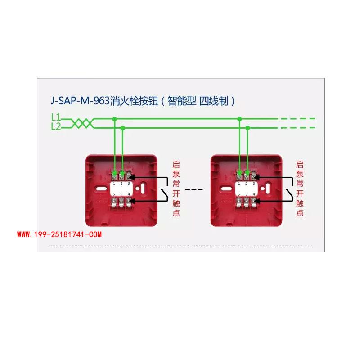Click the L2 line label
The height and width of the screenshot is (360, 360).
pos(55,127)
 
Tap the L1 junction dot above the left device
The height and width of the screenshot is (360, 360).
pos(115,119)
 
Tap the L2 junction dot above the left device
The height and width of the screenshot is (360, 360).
pos(123,128)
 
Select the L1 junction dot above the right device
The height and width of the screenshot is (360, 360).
pos(239,119)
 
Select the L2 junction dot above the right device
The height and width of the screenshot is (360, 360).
pos(247,128)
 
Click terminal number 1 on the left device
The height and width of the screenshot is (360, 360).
pos(114,184)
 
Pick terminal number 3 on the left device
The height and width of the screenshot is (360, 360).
pos(129,184)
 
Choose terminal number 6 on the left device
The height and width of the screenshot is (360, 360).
pos(114,194)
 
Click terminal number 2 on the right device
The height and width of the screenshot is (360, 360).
pos(247,184)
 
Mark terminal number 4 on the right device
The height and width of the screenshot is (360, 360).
pos(254,194)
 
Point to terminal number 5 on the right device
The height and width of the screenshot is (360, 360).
pos(247,194)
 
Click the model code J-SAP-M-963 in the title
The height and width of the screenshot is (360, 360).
pos(79,101)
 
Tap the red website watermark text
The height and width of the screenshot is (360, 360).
pos(59,234)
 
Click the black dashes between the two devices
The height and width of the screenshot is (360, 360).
pos(194,189)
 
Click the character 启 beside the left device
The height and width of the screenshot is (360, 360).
pos(176,165)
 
